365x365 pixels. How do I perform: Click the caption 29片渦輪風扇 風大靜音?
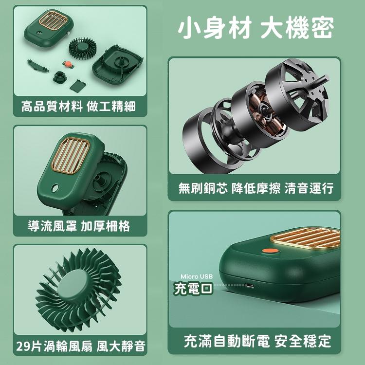tap(80, 346)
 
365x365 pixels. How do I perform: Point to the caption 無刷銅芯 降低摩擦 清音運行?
tap(255, 188)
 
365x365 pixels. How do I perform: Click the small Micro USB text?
tap(197, 276)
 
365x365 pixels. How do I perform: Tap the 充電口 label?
tap(193, 289)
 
